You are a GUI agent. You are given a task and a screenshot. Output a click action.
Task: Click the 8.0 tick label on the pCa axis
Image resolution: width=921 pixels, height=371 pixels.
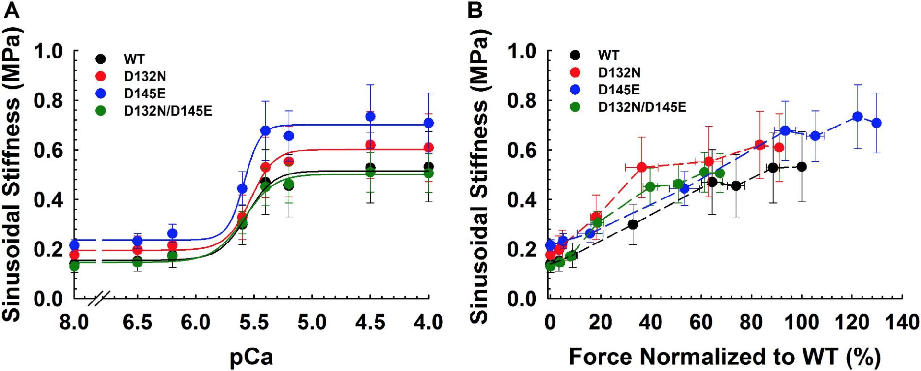click(74, 322)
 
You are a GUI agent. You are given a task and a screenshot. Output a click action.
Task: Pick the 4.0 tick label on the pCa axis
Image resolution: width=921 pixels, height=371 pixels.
click(428, 322)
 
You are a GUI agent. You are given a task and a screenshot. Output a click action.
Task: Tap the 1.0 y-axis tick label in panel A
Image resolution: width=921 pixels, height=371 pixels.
click(49, 52)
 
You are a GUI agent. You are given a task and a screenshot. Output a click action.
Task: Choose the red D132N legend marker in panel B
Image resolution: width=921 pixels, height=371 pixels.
click(575, 72)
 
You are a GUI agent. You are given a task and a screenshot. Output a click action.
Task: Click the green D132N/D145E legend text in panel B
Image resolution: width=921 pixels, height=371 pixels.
click(642, 107)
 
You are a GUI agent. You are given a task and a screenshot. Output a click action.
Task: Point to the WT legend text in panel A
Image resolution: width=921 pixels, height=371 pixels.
click(134, 59)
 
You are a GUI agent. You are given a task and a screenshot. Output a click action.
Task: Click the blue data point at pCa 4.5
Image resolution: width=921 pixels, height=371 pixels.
click(370, 116)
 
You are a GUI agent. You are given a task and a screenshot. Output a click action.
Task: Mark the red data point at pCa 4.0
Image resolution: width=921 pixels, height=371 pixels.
click(428, 147)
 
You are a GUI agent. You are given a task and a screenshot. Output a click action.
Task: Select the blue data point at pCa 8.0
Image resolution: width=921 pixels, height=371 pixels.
click(74, 245)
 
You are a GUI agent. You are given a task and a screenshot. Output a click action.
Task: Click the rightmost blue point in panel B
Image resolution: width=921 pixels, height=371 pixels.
click(876, 123)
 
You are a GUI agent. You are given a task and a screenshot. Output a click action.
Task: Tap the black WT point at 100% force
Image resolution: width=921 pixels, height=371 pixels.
click(801, 167)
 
